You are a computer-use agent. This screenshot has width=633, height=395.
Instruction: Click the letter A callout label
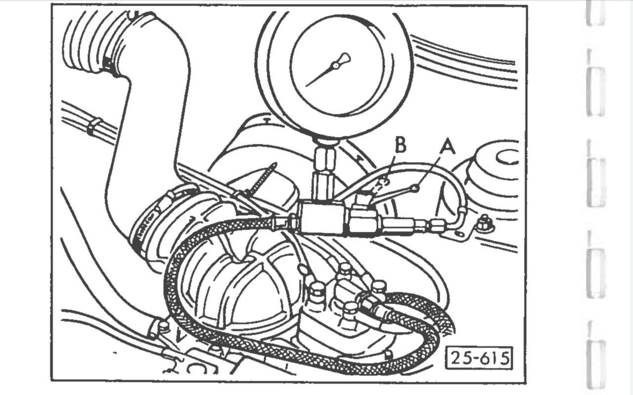click(447, 146)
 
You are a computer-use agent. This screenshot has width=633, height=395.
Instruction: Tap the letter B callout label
click(401, 146)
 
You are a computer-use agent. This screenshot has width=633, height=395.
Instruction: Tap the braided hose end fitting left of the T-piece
click(282, 223)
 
